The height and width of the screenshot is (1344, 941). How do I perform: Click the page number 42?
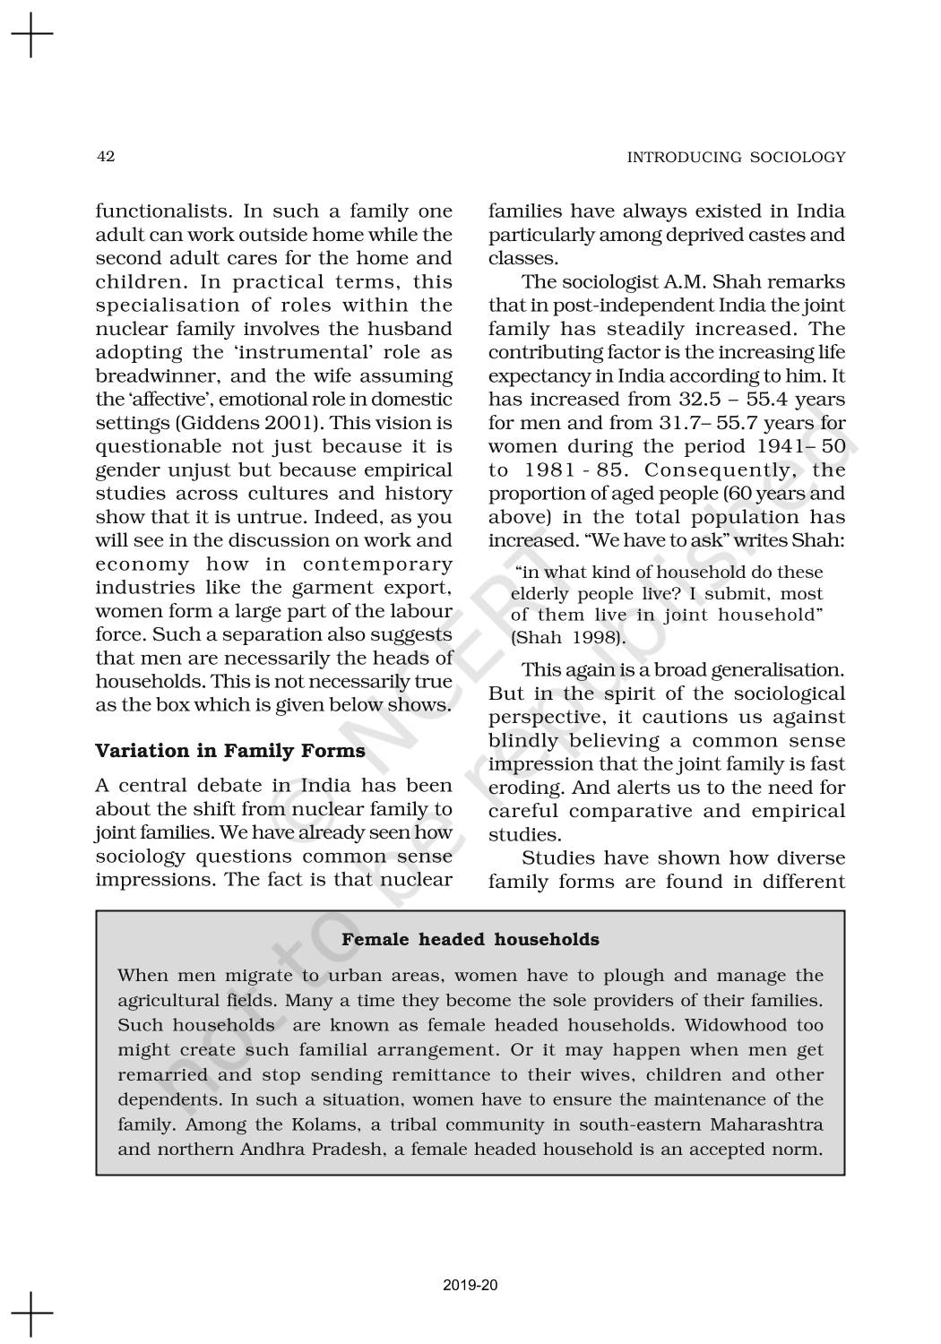105,157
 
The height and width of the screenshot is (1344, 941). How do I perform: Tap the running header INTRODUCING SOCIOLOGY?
736,158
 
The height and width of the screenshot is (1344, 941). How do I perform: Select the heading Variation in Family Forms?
230,751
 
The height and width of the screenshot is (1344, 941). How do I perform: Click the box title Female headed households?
470,940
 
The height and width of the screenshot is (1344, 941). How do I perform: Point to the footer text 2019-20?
470,1286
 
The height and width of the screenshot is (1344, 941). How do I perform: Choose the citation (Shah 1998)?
568,638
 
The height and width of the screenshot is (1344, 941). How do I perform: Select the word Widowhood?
727,1025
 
